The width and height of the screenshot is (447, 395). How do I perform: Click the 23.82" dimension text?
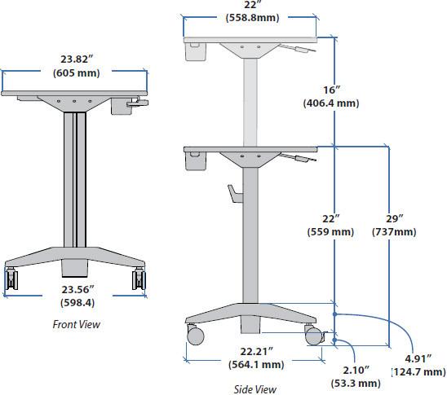pos(76,59)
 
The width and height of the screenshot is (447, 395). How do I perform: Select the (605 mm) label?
pos(76,73)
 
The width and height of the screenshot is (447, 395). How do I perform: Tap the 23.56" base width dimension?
pos(76,289)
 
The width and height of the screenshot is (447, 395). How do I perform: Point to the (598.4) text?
pos(76,303)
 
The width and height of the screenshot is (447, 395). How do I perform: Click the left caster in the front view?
pos(14,279)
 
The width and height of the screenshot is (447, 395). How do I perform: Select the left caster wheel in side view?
pos(194,334)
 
